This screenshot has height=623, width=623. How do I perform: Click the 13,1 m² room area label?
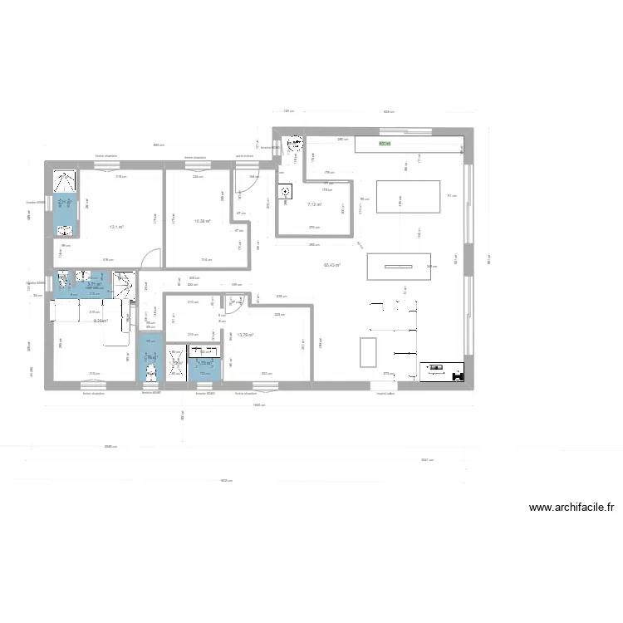[115, 226]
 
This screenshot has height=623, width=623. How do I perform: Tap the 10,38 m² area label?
[202, 221]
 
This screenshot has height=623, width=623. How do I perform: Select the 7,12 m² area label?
[314, 204]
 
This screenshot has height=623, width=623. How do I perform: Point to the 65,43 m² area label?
[332, 266]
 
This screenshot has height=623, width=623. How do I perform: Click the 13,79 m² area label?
[245, 336]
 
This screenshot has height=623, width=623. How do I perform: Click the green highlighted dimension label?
[383, 144]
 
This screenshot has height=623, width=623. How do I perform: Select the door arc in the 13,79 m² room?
[233, 302]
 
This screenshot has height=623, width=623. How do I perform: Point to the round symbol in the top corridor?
[292, 145]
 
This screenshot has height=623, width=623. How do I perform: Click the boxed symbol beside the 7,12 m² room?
[286, 193]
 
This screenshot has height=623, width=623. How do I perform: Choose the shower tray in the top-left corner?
[65, 180]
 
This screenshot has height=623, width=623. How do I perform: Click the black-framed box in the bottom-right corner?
[442, 371]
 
